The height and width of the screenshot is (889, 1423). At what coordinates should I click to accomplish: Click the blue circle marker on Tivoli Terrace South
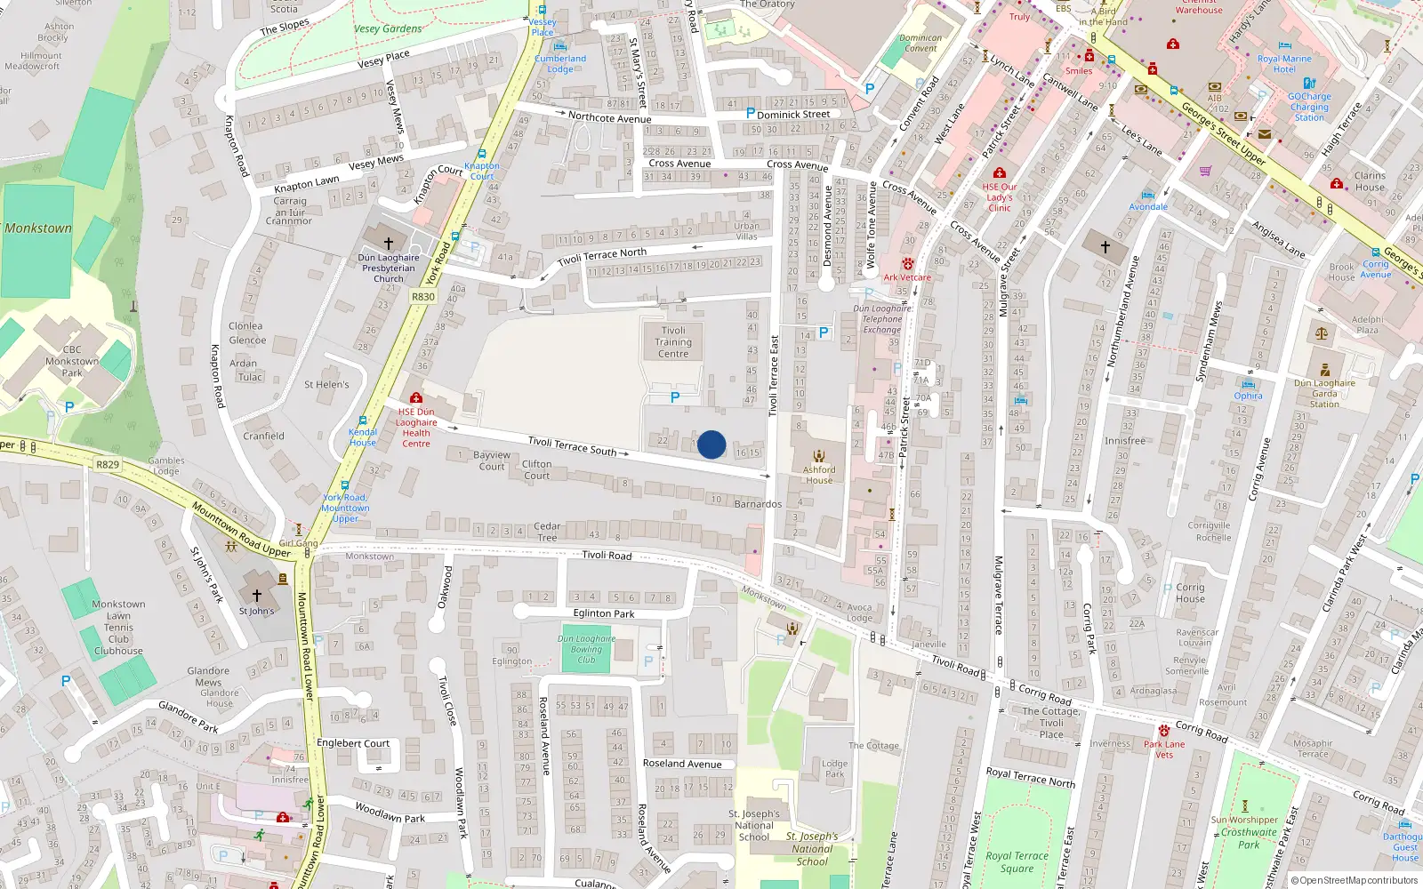click(711, 444)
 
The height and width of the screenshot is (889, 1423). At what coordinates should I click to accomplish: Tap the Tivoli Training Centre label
click(673, 342)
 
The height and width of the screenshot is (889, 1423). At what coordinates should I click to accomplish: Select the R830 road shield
click(423, 297)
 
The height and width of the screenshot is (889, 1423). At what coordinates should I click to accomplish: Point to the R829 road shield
click(108, 464)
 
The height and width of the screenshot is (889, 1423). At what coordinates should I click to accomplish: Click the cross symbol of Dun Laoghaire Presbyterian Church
click(389, 243)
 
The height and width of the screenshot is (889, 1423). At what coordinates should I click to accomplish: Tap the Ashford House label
click(819, 475)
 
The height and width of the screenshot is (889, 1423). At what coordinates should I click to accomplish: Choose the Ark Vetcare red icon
click(907, 264)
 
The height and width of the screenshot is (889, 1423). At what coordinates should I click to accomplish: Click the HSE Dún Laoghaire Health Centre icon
click(415, 398)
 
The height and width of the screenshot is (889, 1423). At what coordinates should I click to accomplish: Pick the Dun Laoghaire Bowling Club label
click(587, 649)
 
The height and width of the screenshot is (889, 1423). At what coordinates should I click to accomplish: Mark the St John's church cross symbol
click(257, 596)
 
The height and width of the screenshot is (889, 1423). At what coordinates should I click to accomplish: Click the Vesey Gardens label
click(388, 28)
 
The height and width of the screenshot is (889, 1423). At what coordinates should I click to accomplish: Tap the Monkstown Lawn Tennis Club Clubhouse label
click(118, 628)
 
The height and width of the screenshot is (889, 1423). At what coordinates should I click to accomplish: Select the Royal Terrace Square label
click(1017, 862)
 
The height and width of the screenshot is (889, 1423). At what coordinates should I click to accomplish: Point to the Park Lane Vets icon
click(1163, 731)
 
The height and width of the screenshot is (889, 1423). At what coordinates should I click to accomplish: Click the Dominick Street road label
click(793, 114)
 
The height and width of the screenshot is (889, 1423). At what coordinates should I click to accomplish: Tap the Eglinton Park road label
click(604, 613)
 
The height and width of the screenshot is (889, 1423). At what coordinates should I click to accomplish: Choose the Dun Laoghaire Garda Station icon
click(1325, 370)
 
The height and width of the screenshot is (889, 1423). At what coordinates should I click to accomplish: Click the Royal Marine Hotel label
click(1284, 64)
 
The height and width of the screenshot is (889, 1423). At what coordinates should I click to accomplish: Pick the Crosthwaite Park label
click(1249, 838)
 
